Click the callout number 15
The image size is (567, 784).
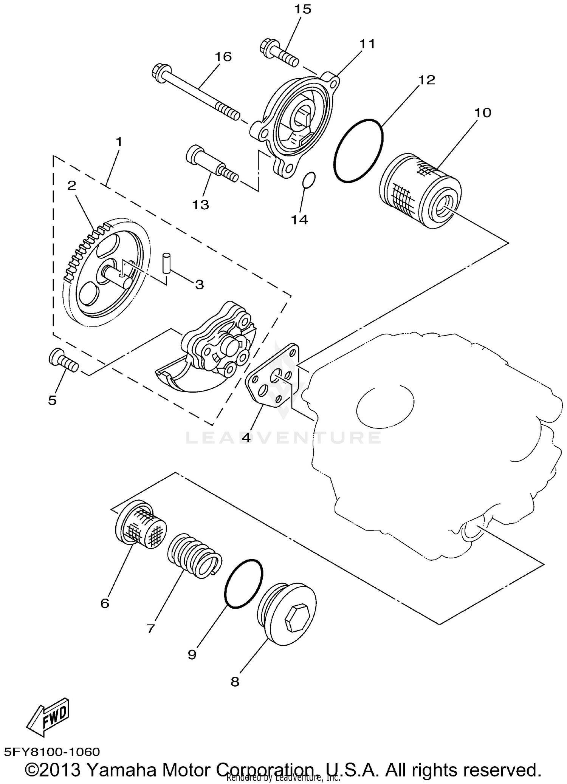click(x=303, y=9)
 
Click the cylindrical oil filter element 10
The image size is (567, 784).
click(x=420, y=191)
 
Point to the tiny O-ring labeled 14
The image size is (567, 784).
click(x=309, y=180)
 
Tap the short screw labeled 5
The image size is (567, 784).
click(x=64, y=360)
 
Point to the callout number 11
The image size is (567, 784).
click(x=367, y=44)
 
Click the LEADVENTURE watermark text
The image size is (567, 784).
click(x=283, y=438)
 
